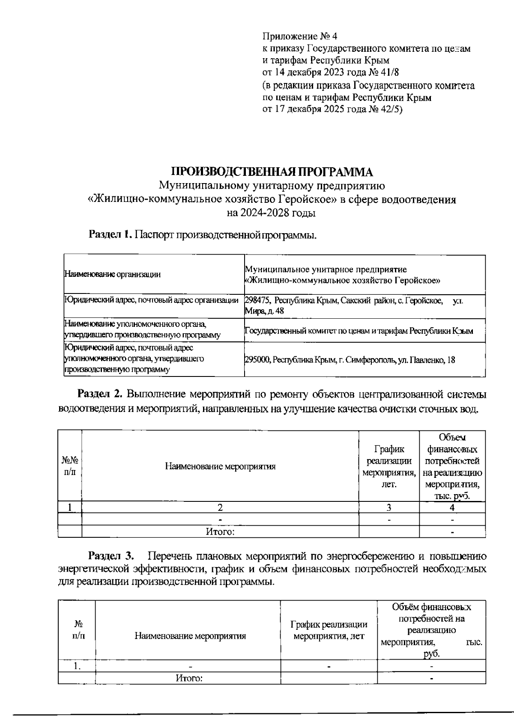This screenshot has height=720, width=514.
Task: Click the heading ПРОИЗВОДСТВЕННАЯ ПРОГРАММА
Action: (x=272, y=172)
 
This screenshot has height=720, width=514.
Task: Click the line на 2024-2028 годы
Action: (x=271, y=213)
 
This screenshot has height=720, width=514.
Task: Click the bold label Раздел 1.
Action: (x=109, y=234)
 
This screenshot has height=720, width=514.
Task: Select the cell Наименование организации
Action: (x=113, y=275)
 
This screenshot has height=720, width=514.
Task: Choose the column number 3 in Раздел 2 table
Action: (x=388, y=508)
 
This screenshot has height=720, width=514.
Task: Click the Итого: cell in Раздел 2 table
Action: (x=220, y=532)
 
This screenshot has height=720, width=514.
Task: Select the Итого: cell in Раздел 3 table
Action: (x=188, y=679)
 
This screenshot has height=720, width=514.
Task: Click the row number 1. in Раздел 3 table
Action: (x=77, y=666)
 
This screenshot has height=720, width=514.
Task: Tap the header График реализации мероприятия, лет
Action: (x=329, y=630)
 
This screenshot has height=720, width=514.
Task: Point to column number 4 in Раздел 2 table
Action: (x=452, y=508)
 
